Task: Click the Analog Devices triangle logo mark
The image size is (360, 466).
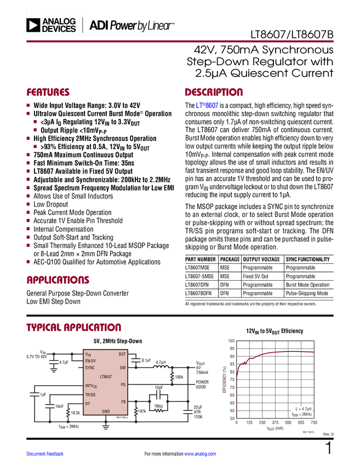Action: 33,25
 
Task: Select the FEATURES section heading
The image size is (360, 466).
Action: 48,93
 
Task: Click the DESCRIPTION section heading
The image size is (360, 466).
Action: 214,93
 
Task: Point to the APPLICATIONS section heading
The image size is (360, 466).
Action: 58,281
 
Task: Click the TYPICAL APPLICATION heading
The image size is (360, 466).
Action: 74,327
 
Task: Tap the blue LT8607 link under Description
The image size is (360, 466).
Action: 207,105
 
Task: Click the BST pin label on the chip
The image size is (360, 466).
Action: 122,354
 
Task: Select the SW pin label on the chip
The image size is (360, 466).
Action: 123,368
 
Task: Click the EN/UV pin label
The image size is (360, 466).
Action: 90,361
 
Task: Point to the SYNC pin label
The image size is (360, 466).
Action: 90,368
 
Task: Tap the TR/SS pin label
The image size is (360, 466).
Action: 90,395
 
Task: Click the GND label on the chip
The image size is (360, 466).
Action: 106,411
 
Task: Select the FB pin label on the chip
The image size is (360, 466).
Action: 123,402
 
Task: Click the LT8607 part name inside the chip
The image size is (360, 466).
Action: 106,377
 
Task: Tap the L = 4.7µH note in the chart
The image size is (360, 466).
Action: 302,409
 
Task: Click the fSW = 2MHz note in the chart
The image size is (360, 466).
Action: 301,415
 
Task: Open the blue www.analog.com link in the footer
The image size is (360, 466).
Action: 201,454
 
